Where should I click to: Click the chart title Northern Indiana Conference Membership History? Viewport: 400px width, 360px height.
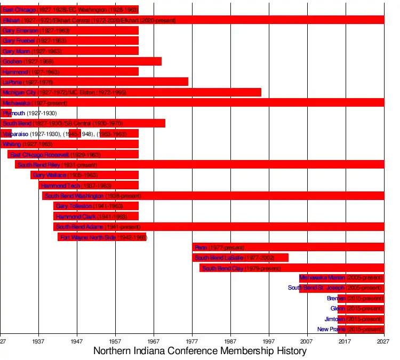pyautogui.click(x=200, y=351)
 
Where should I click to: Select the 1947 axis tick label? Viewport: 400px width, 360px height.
pyautogui.click(x=77, y=341)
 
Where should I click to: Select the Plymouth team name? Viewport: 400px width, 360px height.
pyautogui.click(x=14, y=114)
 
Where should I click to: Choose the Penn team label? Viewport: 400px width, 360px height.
pyautogui.click(x=201, y=247)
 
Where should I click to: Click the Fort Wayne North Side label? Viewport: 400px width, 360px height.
pyautogui.click(x=88, y=237)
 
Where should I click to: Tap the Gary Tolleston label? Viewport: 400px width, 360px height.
pyautogui.click(x=74, y=206)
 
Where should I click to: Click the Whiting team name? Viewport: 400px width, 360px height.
pyautogui.click(x=12, y=145)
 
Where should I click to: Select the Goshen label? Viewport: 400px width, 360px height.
pyautogui.click(x=12, y=62)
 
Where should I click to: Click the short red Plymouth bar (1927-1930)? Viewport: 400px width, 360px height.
pyautogui.click(x=6, y=114)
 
